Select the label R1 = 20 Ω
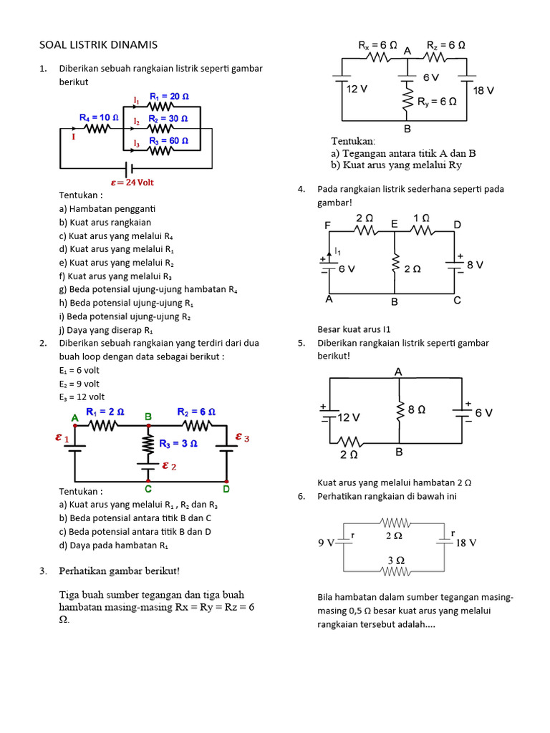point(169,97)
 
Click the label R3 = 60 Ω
point(169,141)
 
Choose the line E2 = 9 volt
point(79,384)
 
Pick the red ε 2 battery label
point(169,466)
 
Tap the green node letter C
point(148,490)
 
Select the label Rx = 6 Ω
point(377,44)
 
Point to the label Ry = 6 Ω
point(437,102)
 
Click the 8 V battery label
point(475,264)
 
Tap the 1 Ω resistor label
point(422,217)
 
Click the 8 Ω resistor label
point(416,410)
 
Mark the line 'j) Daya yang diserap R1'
point(106,330)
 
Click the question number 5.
point(301,344)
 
